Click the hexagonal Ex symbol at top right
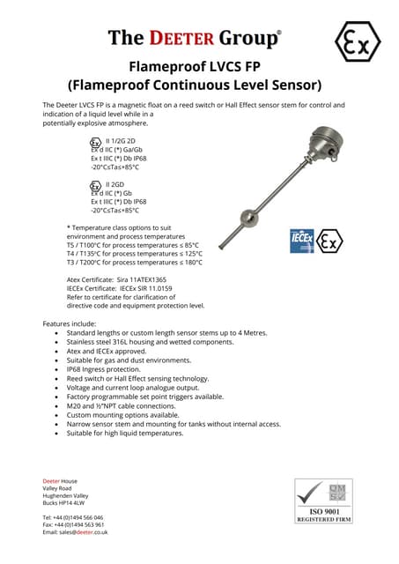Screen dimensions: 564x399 pyautogui.click(x=358, y=42)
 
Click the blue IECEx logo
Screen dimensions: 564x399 pyautogui.click(x=302, y=241)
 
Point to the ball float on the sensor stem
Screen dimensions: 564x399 pyautogui.click(x=249, y=215)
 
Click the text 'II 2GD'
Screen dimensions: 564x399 pyautogui.click(x=115, y=185)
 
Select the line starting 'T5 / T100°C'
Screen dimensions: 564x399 pyautogui.click(x=132, y=245)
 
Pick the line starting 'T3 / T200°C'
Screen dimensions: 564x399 pyautogui.click(x=134, y=262)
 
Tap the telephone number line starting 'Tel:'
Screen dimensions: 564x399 pyautogui.click(x=73, y=517)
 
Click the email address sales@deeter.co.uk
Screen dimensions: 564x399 pyautogui.click(x=91, y=532)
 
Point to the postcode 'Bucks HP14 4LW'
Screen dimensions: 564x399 pyautogui.click(x=66, y=502)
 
